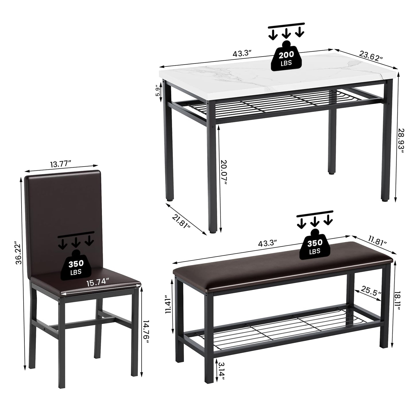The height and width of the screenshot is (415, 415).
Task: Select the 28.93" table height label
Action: [x=401, y=141]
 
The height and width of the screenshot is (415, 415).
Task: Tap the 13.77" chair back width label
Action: [x=61, y=164]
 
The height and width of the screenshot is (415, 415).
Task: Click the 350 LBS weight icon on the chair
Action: [x=76, y=265]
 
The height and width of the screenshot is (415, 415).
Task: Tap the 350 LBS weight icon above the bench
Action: [x=315, y=244]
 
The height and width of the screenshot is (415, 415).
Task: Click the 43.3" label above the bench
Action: [x=267, y=243]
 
